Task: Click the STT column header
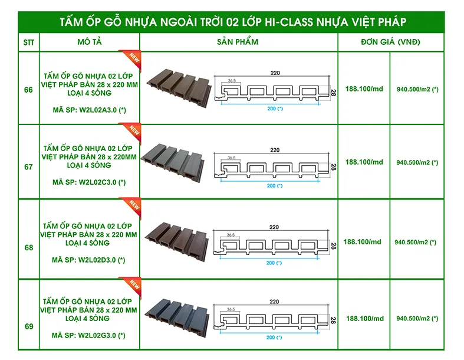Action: coord(28,42)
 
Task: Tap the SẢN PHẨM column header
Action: coord(238,42)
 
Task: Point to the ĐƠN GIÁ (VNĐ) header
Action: coord(391,42)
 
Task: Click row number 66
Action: coord(28,90)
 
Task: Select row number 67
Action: coord(28,167)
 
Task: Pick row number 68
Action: coord(28,248)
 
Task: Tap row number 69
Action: coord(28,326)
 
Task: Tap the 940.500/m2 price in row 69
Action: coord(417,319)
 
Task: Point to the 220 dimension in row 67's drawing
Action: coord(275,150)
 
